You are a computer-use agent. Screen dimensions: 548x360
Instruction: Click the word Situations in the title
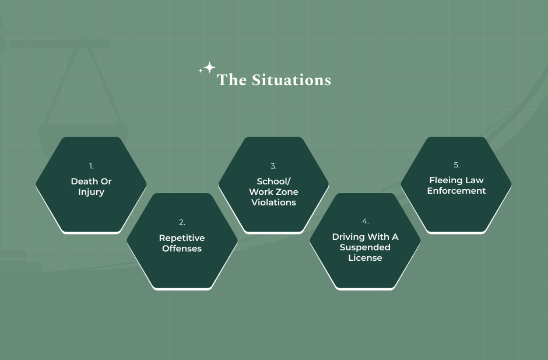291,80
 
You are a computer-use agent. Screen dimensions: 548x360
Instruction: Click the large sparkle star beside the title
209,68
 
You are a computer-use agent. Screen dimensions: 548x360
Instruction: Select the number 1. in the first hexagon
91,166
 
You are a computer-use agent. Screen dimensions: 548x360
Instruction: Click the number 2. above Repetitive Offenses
182,222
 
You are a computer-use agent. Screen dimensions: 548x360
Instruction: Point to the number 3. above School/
273,166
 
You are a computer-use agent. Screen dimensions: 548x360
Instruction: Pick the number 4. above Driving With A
365,221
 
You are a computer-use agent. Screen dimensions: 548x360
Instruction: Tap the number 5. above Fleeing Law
456,165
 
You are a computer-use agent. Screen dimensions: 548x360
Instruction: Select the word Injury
91,192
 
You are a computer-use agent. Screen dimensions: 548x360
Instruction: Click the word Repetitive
182,238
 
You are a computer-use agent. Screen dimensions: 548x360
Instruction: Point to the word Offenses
182,249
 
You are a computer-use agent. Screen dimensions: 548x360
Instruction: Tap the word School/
273,181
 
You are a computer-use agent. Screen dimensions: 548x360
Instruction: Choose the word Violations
273,202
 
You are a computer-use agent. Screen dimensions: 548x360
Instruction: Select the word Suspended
365,248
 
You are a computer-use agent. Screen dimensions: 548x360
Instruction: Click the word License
365,258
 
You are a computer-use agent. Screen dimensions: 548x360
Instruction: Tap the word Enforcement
456,191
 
